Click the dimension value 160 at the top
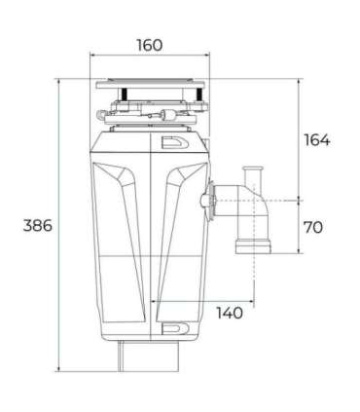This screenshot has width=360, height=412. click(x=149, y=46)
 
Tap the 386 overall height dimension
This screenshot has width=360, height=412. click(x=37, y=225)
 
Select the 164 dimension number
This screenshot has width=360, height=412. click(x=316, y=139)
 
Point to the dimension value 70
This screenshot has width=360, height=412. click(x=313, y=227)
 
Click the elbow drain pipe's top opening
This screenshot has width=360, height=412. click(x=257, y=171)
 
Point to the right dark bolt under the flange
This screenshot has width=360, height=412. click(x=200, y=100)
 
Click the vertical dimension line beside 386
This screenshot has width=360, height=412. click(x=61, y=225)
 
